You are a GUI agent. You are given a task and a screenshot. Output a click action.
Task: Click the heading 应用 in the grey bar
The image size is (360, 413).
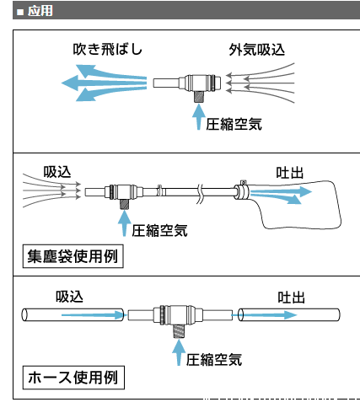[40, 11]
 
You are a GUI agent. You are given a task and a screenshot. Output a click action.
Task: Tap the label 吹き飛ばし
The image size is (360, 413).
[108, 50]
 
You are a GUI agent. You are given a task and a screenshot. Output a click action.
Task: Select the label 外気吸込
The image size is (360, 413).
[257, 50]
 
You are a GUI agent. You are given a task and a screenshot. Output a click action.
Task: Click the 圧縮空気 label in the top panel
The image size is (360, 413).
[234, 124]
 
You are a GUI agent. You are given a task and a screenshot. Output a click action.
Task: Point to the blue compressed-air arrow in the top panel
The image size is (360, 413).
[199, 117]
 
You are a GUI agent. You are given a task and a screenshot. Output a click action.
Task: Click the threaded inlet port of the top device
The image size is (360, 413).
[199, 97]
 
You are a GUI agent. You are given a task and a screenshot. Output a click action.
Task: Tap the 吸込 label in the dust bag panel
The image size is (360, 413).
[57, 172]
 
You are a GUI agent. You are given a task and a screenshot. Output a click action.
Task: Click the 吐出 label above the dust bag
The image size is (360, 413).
[290, 173]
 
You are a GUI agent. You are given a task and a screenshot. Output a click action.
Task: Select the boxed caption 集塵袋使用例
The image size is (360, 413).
[73, 256]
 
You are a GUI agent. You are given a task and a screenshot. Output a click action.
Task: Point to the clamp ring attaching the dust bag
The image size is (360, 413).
[242, 191]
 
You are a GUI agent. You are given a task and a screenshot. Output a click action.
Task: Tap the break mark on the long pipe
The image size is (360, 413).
[200, 194]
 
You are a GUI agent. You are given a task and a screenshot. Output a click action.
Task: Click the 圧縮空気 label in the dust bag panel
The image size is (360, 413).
[159, 231]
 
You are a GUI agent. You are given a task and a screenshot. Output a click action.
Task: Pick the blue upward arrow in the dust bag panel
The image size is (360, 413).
[124, 223]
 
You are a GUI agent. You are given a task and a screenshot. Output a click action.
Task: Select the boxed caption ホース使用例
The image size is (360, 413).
[73, 378]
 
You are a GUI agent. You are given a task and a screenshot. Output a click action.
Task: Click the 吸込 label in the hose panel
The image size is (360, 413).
[69, 297]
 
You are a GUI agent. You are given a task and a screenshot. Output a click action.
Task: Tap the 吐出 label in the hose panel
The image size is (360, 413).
[291, 298]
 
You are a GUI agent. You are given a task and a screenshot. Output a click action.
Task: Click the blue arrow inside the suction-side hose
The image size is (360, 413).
[93, 314]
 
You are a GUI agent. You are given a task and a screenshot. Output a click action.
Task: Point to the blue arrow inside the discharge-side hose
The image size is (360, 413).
[265, 315]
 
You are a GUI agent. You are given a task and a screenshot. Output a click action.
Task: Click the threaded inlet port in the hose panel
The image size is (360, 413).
[178, 331]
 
